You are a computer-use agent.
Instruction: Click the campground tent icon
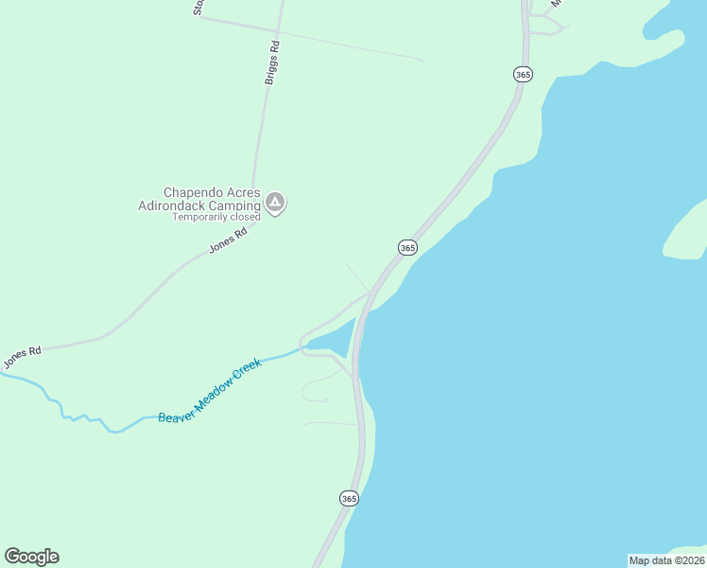point(275,203)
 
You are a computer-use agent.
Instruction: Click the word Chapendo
point(195,192)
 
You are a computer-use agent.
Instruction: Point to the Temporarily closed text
point(216,217)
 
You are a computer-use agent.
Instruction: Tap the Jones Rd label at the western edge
point(22,357)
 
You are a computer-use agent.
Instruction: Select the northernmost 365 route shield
point(524,74)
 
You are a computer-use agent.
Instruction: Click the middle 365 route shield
point(407,247)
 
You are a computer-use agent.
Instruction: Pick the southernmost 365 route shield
point(349,498)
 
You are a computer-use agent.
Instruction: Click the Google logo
point(31,557)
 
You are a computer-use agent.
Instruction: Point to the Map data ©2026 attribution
point(666,560)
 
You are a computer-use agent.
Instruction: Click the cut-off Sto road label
point(198,8)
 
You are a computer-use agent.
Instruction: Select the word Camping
point(235,205)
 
